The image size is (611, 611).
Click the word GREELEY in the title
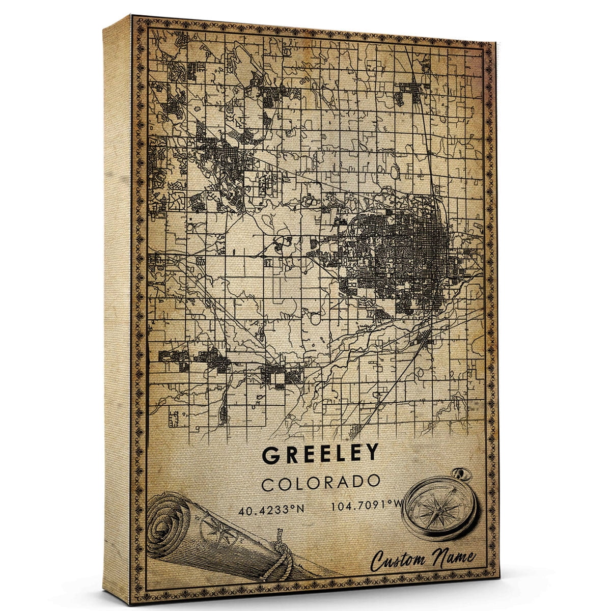click(321, 454)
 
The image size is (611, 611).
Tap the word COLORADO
click(321, 483)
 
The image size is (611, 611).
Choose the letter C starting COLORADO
click(268, 484)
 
